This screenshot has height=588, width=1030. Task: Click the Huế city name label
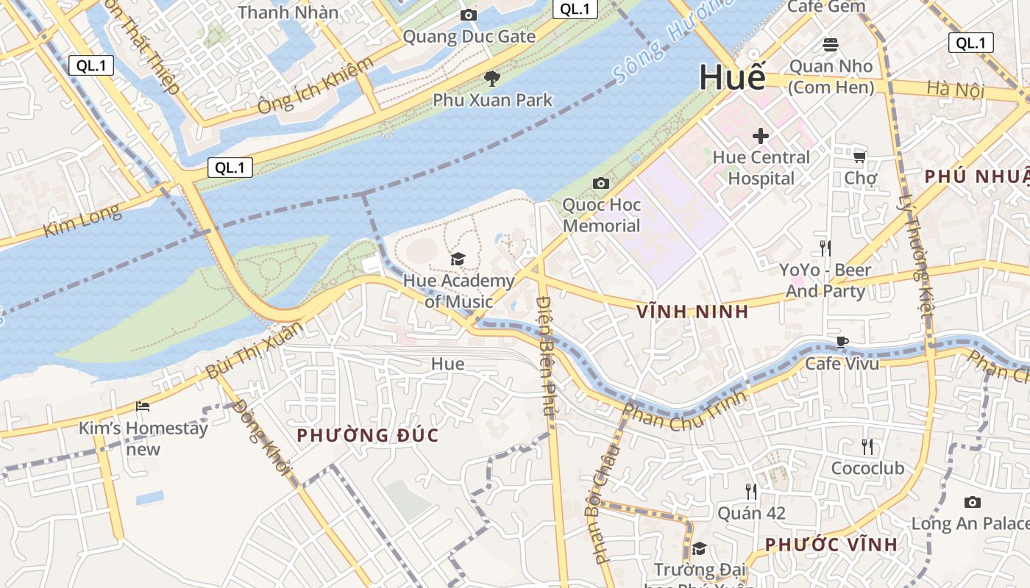tap(732, 77)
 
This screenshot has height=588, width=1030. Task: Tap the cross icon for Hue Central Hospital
tap(761, 136)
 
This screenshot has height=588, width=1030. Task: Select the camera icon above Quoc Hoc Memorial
tap(601, 183)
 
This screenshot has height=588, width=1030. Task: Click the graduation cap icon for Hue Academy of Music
tap(458, 259)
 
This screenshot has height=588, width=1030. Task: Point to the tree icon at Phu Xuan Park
tap(492, 79)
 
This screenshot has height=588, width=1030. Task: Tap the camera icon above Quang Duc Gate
tap(468, 15)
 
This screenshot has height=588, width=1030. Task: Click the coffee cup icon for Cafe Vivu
tap(842, 342)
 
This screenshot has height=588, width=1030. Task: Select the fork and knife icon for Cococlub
tap(867, 446)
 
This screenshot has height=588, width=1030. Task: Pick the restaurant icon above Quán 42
tap(750, 491)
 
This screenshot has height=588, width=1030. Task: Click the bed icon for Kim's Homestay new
tap(143, 406)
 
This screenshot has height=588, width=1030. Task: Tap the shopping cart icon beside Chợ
tap(859, 157)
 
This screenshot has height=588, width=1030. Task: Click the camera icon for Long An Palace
tap(972, 503)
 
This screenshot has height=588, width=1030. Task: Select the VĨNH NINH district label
tap(692, 312)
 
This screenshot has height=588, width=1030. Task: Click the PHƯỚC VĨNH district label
tap(831, 545)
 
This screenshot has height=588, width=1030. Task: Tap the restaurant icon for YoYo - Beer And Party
tap(825, 248)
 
